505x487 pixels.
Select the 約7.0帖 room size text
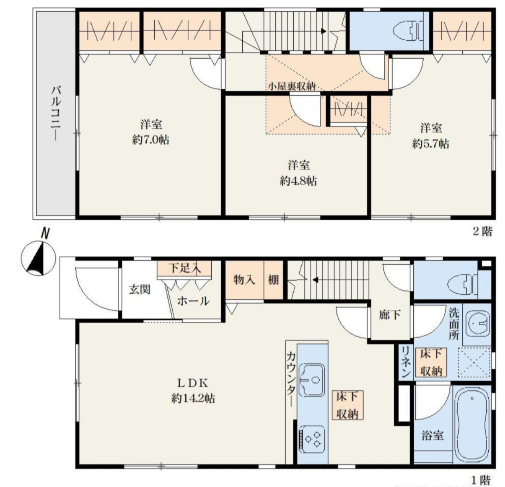click(x=151, y=140)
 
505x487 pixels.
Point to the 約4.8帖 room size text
click(x=298, y=181)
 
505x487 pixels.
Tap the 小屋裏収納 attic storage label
click(x=292, y=86)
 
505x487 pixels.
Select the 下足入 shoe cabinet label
click(x=184, y=268)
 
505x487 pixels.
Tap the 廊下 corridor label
click(x=390, y=315)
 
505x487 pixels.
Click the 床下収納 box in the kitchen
click(x=347, y=405)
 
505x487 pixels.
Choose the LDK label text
click(x=193, y=383)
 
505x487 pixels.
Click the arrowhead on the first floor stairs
click(x=316, y=280)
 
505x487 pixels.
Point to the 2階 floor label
click(x=483, y=231)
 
